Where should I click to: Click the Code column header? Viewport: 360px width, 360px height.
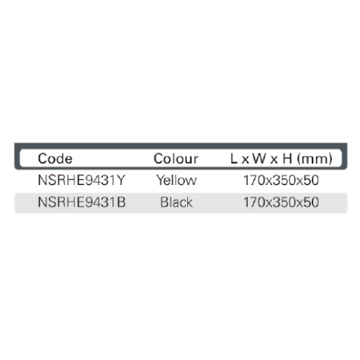(x=55, y=158)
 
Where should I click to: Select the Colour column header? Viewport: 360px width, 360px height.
(x=176, y=158)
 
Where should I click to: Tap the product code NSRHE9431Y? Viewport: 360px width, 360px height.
(x=81, y=180)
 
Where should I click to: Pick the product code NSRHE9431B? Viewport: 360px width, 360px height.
(x=81, y=202)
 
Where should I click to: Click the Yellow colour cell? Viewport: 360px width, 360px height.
(x=176, y=180)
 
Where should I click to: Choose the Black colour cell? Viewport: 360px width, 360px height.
(x=176, y=202)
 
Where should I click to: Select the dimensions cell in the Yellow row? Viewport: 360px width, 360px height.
(x=281, y=180)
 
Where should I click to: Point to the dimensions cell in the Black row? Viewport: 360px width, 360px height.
(x=281, y=202)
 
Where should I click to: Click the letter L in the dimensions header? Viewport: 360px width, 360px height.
(x=234, y=158)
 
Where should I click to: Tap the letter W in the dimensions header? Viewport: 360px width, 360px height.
(x=259, y=158)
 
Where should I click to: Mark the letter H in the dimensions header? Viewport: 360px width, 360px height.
(x=287, y=158)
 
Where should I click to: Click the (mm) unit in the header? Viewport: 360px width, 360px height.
(x=315, y=159)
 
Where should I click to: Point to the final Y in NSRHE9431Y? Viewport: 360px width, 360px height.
(x=121, y=180)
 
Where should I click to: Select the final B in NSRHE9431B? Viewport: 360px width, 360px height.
(x=121, y=202)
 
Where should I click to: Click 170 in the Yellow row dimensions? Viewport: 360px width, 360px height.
(x=254, y=180)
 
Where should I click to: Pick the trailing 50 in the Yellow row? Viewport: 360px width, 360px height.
(x=311, y=180)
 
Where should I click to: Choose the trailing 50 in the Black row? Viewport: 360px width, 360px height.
(x=311, y=202)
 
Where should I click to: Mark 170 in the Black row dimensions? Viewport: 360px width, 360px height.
(x=254, y=202)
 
